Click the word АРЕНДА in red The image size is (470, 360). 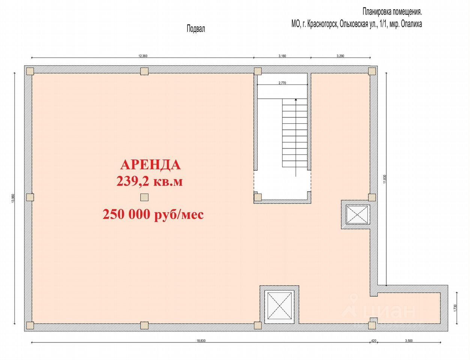coord(150,165)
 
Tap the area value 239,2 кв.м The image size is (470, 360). coord(149,181)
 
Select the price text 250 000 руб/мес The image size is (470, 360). coord(153,214)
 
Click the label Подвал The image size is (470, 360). coord(196,29)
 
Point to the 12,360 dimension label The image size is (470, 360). coord(143,56)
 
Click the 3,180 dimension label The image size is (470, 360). coord(282,56)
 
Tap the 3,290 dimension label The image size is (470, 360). coord(340,56)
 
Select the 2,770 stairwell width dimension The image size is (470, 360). coord(282,83)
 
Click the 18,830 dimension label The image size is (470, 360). coord(201,341)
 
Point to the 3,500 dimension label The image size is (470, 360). coord(409,341)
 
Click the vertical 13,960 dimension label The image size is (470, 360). coord(13,198)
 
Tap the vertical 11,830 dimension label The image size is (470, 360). coord(384,179)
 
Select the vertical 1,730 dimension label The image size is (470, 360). coord(455,308)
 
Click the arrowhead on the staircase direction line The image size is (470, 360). coord(296,100)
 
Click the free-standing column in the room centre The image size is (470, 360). coord(144,197)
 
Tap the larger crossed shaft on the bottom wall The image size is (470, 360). coord(279,305)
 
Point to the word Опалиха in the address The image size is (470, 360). coord(411,24)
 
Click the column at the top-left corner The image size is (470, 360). coord(30,71)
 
